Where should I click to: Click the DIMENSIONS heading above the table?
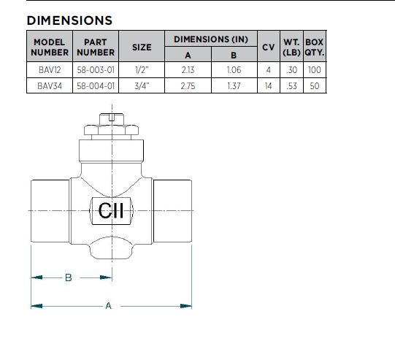point(69,20)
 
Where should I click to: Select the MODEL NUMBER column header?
point(50,47)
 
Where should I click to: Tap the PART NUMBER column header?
point(96,47)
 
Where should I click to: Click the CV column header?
point(268,47)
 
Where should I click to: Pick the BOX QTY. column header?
point(315,47)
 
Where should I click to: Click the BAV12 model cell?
point(50,70)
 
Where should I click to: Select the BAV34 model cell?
point(50,86)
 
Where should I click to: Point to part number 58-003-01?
point(96,70)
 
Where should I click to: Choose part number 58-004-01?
point(96,86)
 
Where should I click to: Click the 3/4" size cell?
point(142,86)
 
